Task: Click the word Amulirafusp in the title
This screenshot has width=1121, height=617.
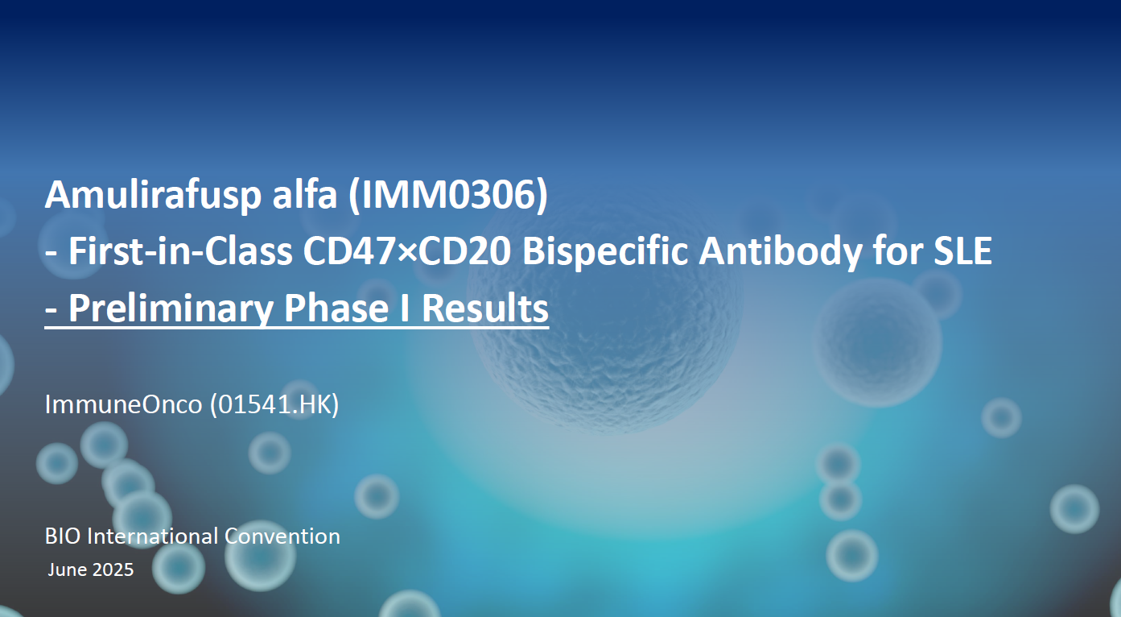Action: [153, 196]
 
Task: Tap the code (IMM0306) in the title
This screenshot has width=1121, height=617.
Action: [448, 195]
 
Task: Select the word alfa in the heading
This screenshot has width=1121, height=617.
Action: [305, 194]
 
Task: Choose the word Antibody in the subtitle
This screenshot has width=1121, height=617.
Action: [781, 252]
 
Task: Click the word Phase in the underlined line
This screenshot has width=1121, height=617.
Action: [336, 308]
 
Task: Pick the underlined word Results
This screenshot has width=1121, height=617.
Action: [485, 308]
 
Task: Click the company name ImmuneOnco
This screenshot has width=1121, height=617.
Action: [123, 404]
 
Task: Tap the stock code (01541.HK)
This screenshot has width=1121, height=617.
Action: [274, 404]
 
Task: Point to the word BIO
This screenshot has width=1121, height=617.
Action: [63, 536]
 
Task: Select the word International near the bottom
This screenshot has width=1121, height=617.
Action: [153, 536]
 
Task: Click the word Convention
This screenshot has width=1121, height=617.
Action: [282, 536]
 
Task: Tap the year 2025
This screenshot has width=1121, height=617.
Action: [113, 570]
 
